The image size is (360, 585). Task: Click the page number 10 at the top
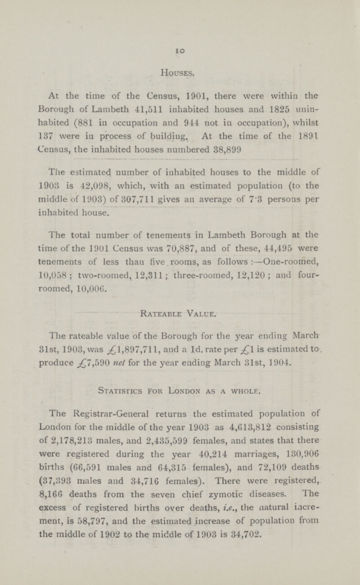(180, 46)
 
